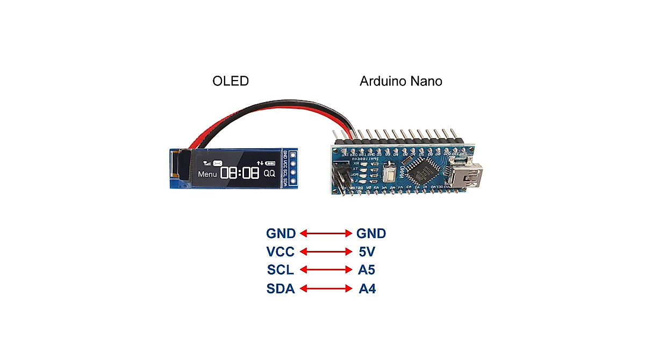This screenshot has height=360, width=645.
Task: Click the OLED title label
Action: click(x=231, y=81)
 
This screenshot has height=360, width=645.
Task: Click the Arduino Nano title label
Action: click(x=400, y=81)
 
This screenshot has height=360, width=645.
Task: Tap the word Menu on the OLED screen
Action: click(x=207, y=174)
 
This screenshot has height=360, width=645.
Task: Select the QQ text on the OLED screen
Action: click(x=269, y=174)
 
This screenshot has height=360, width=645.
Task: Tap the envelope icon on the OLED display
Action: click(x=217, y=163)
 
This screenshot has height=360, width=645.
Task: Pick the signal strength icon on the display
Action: click(x=206, y=163)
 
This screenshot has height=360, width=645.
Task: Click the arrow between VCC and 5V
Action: click(x=325, y=251)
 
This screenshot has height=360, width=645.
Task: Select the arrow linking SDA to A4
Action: click(x=325, y=289)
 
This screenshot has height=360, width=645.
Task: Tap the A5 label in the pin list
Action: click(x=367, y=270)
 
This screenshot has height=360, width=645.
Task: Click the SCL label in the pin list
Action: click(x=280, y=270)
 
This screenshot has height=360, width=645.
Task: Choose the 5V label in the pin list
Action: click(x=367, y=251)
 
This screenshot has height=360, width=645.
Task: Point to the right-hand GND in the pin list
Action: click(x=371, y=233)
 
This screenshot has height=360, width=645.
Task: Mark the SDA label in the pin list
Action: click(x=280, y=289)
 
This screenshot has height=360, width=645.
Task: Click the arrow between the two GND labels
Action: click(x=325, y=233)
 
